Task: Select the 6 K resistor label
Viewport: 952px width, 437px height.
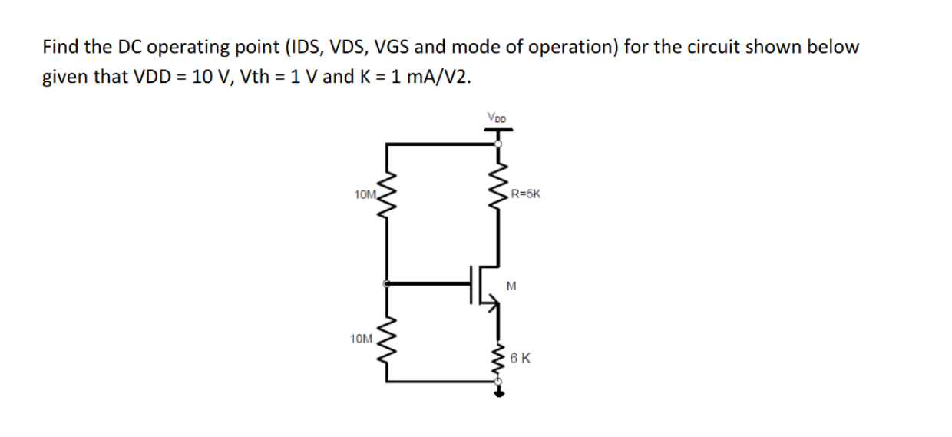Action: pyautogui.click(x=521, y=358)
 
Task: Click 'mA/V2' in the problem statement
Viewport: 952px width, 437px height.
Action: pyautogui.click(x=438, y=78)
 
